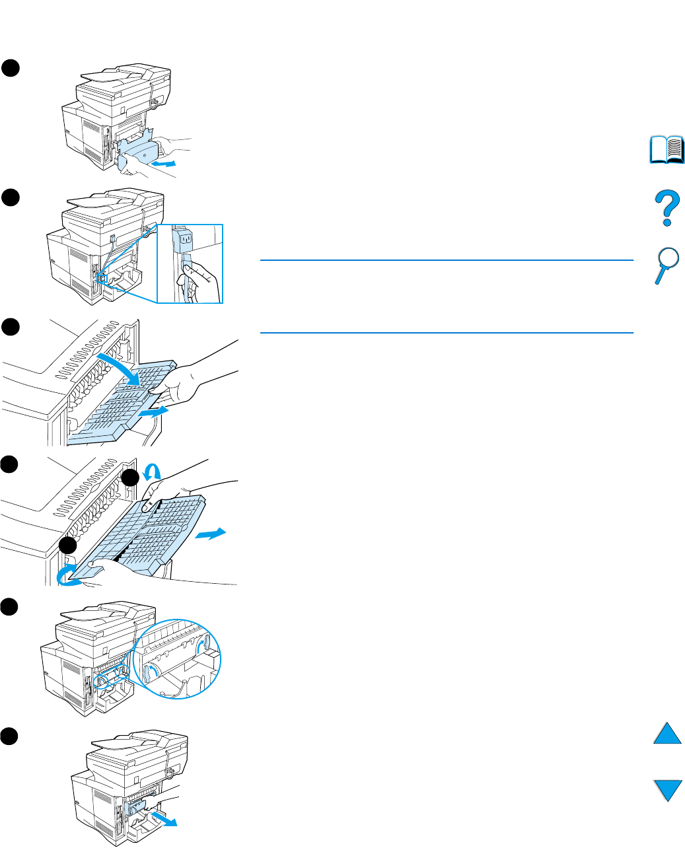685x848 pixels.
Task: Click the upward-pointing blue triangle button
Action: coord(668,734)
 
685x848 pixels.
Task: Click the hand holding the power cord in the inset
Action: coord(201,281)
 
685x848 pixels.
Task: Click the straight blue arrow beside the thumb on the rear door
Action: coord(159,411)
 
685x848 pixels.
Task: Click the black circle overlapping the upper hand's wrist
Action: coord(130,479)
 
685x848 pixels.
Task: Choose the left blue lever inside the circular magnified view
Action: coord(151,672)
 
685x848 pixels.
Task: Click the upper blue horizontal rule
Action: coord(447,261)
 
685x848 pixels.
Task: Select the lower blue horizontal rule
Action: coord(447,333)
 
